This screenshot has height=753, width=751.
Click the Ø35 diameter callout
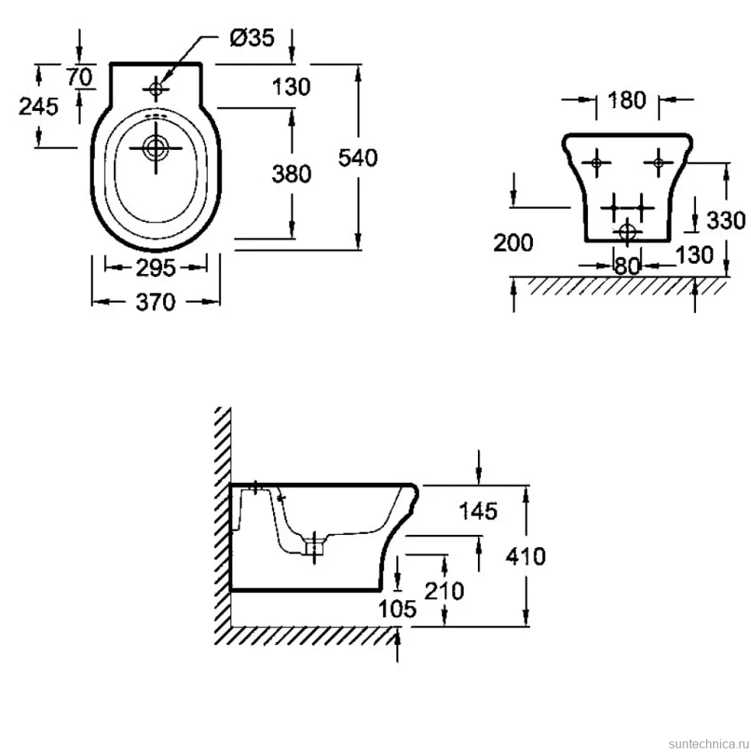[x=252, y=37]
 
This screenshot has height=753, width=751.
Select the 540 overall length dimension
[x=358, y=158]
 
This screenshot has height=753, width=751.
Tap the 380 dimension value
[x=291, y=173]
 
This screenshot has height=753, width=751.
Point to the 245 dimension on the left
[x=38, y=106]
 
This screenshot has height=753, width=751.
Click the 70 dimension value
[x=79, y=76]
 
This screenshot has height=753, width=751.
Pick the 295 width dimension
[x=156, y=268]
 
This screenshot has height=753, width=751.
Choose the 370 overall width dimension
[x=156, y=302]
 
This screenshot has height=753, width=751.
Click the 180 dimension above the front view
[x=627, y=100]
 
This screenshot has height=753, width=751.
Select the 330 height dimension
[x=726, y=220]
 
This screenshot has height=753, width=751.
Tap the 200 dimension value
[x=513, y=242]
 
